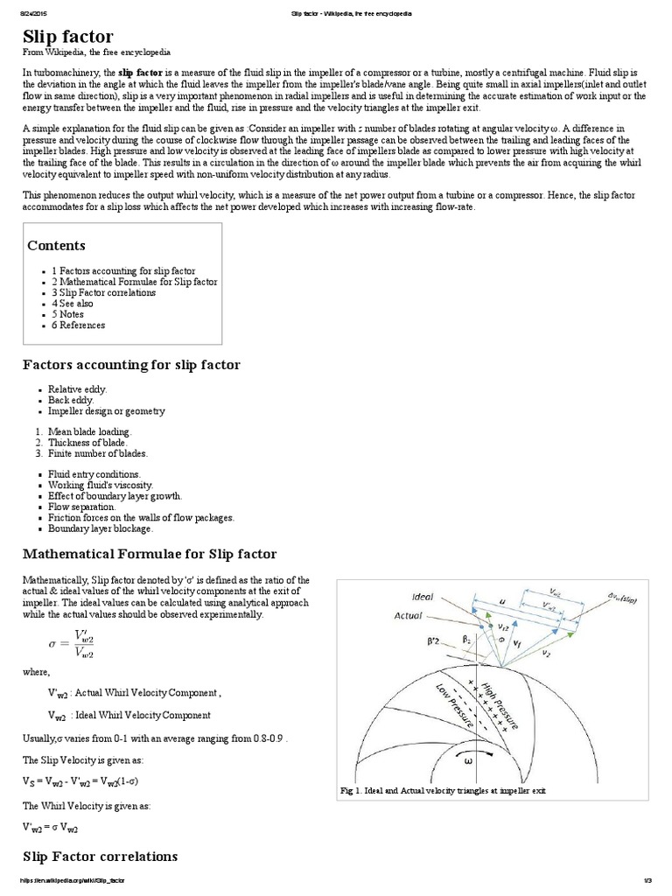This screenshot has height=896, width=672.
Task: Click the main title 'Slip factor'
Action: click(x=67, y=36)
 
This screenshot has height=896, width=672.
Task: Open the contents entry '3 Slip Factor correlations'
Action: click(x=103, y=292)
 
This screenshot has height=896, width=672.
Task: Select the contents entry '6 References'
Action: click(x=78, y=325)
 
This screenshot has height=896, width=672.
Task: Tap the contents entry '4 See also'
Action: click(x=72, y=304)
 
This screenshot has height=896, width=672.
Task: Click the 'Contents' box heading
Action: click(x=57, y=246)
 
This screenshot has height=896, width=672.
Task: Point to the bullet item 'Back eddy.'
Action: click(x=71, y=400)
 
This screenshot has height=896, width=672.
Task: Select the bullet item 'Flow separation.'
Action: click(x=81, y=507)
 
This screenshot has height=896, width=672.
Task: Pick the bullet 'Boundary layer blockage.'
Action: click(x=101, y=528)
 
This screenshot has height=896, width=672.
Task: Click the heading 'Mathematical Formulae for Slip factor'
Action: click(x=149, y=554)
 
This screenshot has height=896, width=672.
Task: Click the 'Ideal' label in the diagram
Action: click(x=423, y=597)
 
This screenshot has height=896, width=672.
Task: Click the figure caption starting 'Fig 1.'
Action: click(x=442, y=790)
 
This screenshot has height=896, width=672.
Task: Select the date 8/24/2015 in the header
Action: click(x=35, y=14)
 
